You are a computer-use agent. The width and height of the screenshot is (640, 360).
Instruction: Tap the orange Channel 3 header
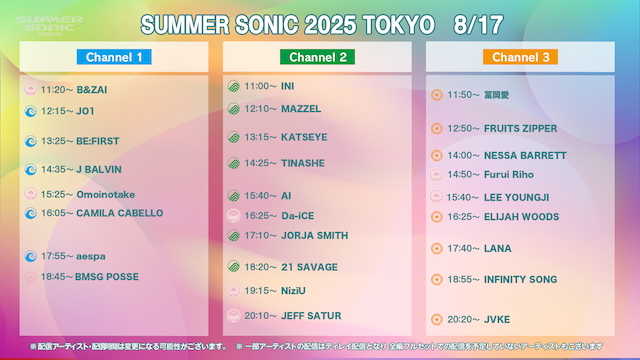520,57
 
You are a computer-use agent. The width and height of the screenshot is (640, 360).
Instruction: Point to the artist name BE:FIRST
98,141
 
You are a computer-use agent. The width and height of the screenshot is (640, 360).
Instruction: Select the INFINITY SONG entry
520,280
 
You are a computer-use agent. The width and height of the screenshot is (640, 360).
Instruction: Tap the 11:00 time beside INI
259,86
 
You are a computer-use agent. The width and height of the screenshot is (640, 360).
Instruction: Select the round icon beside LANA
436,248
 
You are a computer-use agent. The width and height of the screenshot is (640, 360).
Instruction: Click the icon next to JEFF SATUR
233,316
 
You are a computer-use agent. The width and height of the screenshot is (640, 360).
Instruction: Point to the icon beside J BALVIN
30,169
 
